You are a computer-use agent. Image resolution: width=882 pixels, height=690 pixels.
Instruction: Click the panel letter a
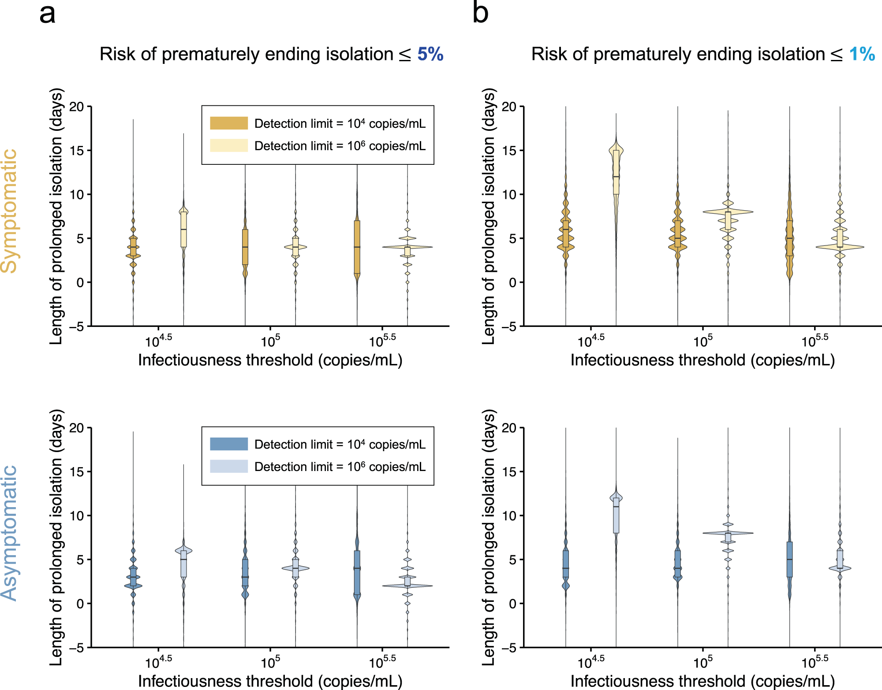[x=47, y=14]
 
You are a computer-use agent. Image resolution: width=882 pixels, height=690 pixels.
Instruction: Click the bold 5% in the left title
[x=430, y=54]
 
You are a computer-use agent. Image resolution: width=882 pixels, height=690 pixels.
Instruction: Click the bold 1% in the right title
[x=862, y=54]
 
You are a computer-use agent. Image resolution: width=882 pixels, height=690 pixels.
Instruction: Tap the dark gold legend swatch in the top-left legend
[x=228, y=123]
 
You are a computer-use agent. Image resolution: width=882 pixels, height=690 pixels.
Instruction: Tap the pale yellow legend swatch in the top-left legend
[x=228, y=145]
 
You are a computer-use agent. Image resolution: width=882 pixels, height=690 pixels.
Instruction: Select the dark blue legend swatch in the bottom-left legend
[x=228, y=444]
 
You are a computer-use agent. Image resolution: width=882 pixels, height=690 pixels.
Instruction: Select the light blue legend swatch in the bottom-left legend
[x=228, y=466]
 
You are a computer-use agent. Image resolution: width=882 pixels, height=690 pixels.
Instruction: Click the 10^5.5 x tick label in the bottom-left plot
[x=382, y=662]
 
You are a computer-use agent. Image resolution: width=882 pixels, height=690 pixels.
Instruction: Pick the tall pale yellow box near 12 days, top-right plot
[x=616, y=172]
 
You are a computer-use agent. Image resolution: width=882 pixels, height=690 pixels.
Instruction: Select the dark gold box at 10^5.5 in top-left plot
[x=357, y=247]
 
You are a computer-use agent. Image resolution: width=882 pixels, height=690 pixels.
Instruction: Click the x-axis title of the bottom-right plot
[x=703, y=681]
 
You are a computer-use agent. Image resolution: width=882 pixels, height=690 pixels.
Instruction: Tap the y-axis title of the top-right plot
[x=489, y=216]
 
